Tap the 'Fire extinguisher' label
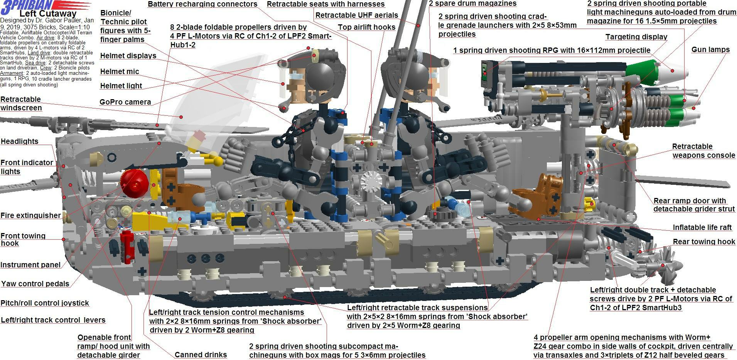(x=31, y=215)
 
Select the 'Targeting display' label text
(x=636, y=37)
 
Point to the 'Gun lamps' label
(x=710, y=49)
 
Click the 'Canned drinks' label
(x=201, y=355)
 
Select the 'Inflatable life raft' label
(x=702, y=227)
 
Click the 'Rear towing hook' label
(x=704, y=242)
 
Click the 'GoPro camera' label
(x=125, y=102)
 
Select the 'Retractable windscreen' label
(x=21, y=103)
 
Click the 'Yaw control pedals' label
(x=35, y=284)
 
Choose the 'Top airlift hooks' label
(x=366, y=27)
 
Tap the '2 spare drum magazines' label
(x=472, y=3)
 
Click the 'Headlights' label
(x=20, y=141)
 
